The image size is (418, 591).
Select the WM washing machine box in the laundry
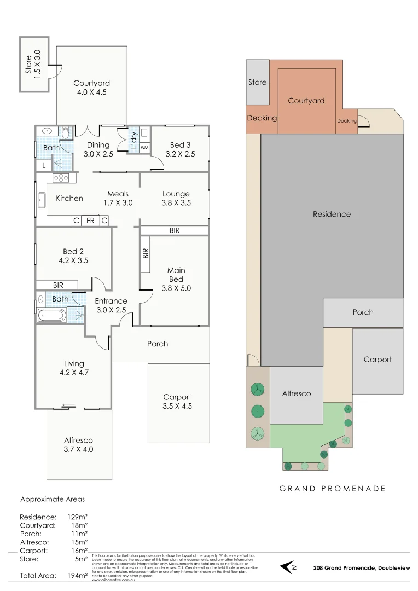[144, 148]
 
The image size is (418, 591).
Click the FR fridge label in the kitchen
[90, 221]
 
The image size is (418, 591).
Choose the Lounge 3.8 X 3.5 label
[176, 198]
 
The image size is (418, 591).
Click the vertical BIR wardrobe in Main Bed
[146, 253]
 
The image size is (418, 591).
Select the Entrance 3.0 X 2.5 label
[111, 305]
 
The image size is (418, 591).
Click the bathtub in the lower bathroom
[51, 315]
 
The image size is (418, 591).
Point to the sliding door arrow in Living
[68, 405]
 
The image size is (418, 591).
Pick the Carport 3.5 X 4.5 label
[178, 402]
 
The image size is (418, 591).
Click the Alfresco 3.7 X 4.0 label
[78, 444]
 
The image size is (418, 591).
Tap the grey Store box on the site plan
[257, 82]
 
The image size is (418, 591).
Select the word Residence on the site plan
[332, 214]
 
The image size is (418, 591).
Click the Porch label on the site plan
[363, 312]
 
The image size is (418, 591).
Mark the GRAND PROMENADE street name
[332, 489]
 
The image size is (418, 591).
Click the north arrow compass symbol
[288, 567]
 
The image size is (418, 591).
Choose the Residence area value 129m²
[77, 517]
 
